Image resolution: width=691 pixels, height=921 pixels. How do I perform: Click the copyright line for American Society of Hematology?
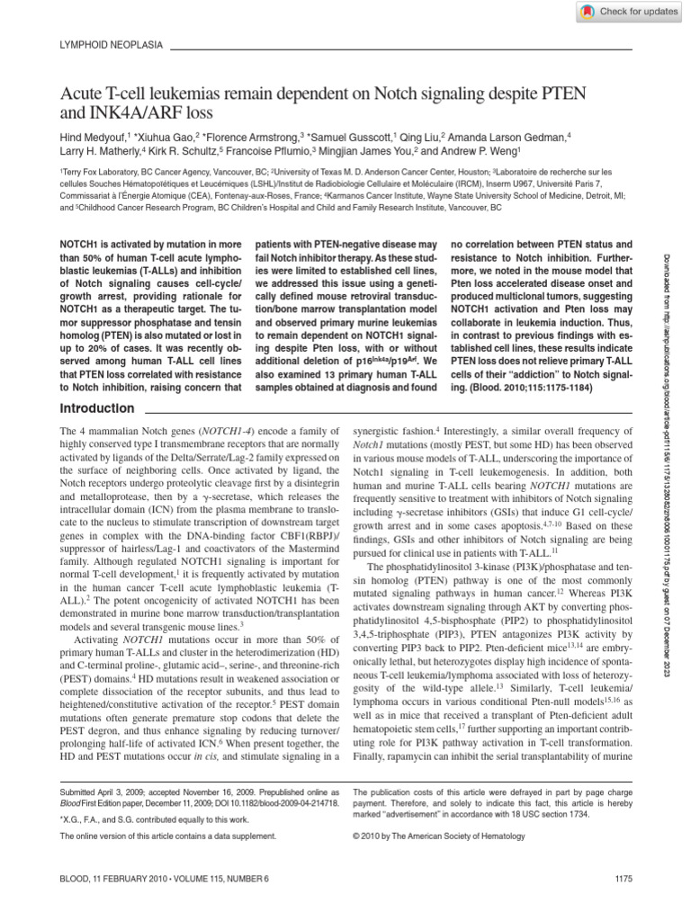[444, 836]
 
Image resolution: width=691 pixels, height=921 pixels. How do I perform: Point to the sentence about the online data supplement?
[167, 836]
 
